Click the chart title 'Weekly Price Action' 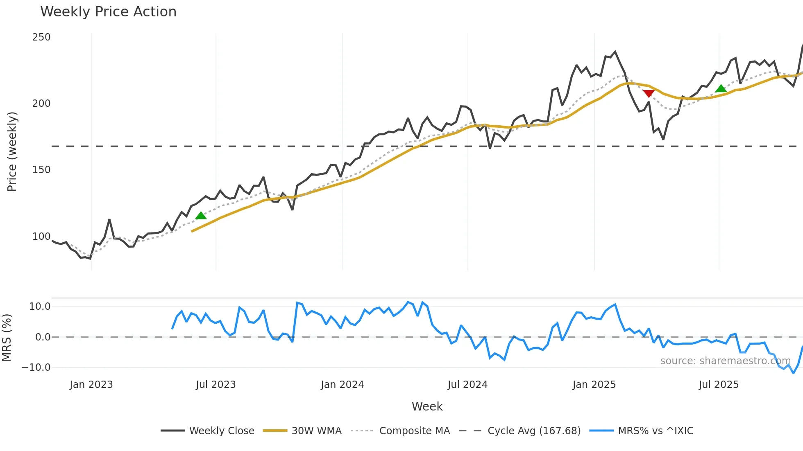108,12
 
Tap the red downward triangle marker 648,94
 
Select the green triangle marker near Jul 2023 201,215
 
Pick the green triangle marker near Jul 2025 721,88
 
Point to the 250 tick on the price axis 41,37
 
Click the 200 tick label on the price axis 41,104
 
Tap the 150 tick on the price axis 41,170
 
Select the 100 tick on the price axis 41,237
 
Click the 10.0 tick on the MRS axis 40,307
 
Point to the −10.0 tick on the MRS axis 36,368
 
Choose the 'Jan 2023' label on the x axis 91,385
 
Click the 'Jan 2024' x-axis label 342,385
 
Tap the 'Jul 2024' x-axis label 467,385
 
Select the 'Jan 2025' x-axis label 594,385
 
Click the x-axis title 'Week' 427,406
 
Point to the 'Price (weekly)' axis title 12,151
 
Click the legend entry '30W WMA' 316,431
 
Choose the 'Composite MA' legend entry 414,431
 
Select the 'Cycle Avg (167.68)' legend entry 534,431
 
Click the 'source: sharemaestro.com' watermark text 725,361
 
